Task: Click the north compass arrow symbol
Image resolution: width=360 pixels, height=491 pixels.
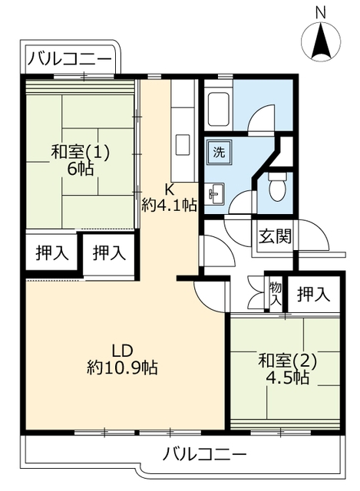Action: coord(321,41)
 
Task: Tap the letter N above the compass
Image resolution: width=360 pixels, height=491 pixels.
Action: coord(321,14)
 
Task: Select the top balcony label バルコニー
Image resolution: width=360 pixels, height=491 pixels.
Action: coord(70,60)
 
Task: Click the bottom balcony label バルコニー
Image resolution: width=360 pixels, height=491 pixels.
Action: coord(205,454)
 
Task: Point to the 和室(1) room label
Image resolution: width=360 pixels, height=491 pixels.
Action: coord(80,152)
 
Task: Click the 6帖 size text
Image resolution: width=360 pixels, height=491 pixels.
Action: coord(80,170)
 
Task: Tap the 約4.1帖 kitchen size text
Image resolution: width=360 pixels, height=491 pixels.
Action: coord(169,205)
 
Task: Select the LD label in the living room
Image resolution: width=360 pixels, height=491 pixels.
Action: coord(123,351)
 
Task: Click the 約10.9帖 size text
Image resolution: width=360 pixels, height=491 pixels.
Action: coord(122,367)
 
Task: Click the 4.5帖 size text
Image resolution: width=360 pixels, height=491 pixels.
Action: coord(287,378)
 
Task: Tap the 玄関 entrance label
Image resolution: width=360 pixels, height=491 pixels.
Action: coord(275,236)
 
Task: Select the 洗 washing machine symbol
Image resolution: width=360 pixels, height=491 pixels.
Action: coord(219,152)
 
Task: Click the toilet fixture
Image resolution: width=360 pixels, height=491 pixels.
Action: coord(278,186)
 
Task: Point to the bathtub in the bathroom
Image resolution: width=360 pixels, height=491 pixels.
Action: coord(219,109)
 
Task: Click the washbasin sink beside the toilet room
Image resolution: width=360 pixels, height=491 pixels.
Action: coord(216,193)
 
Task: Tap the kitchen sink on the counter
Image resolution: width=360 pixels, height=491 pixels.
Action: coord(182,145)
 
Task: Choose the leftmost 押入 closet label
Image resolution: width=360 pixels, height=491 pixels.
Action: coord(52,252)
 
